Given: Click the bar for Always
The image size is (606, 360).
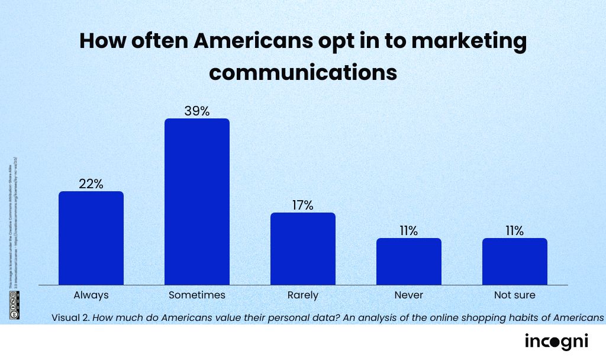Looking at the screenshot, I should (x=91, y=237).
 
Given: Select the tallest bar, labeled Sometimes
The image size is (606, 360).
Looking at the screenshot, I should (x=196, y=201).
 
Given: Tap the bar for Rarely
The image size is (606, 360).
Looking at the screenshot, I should (x=302, y=248).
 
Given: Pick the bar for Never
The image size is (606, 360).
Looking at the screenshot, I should (x=408, y=261).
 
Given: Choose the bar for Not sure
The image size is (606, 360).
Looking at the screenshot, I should (x=514, y=261).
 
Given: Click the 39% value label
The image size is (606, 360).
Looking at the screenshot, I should (x=196, y=110).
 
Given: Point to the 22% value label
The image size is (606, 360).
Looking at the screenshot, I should (x=91, y=184).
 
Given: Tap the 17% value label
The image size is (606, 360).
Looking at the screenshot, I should (x=302, y=205).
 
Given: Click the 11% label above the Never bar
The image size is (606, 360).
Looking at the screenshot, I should (x=408, y=230).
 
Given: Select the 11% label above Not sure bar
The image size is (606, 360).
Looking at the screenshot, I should (x=514, y=230).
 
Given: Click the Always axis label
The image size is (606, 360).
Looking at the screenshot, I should (x=91, y=294).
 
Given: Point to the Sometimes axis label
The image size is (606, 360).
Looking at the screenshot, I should (x=196, y=294).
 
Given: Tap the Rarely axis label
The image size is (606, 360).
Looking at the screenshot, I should (x=302, y=294).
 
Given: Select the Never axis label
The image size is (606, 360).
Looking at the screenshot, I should (x=408, y=294).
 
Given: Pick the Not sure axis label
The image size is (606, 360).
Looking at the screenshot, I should (x=514, y=294).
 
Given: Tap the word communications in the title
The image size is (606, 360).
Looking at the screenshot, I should (x=302, y=72).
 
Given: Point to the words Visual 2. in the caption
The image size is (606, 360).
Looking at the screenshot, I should (x=70, y=317).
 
